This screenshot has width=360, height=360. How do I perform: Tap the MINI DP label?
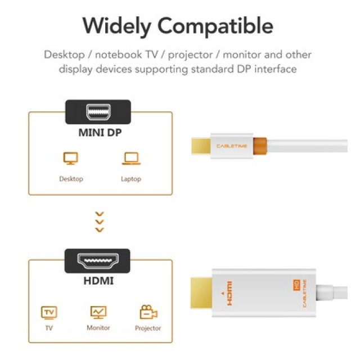pos(99,134)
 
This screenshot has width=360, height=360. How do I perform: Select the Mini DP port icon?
pos(98,111)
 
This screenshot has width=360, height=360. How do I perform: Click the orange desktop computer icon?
pos(71,159)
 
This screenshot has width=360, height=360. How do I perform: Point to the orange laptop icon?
pos(130,159)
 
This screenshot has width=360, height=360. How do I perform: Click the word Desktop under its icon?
pos(71,179)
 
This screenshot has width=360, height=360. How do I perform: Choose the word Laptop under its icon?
pos(130,179)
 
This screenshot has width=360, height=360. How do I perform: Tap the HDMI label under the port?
pos(99,280)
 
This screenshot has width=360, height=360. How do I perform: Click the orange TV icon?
pos(49,312)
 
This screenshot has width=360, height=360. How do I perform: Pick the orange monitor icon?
pos(98,312)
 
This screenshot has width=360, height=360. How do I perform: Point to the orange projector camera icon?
pos(148,312)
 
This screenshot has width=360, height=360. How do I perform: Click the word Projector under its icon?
pos(148,328)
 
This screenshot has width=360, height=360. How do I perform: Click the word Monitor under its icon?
pos(98,327)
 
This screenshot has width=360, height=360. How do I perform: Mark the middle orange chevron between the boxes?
pos(100,222)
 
